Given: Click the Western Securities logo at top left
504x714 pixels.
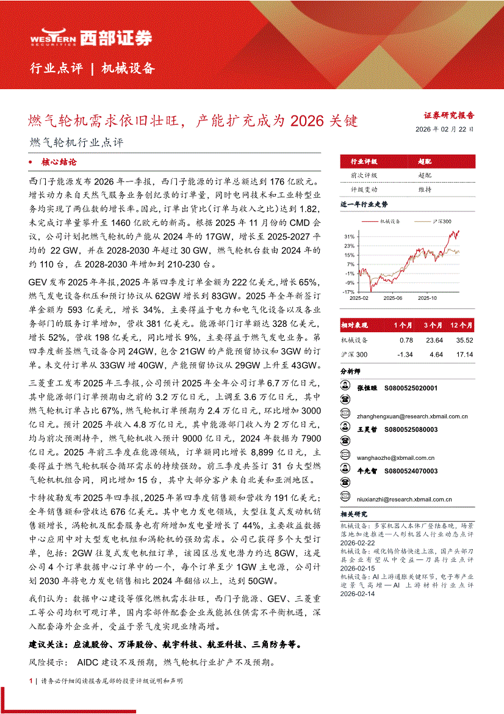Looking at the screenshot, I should tap(91, 38).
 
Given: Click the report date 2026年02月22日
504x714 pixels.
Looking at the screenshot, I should tap(444, 129).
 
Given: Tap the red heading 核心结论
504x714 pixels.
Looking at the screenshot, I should tap(59, 162).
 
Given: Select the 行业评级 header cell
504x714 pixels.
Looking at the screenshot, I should tap(364, 162).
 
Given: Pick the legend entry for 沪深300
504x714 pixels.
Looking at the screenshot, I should tap(442, 221).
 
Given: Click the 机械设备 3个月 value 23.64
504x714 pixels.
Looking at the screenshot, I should tap(434, 340).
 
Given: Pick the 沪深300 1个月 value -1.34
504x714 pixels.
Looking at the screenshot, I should tap(405, 355).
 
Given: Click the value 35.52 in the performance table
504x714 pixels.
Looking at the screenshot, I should tap(465, 340).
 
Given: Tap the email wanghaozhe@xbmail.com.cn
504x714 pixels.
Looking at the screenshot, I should tap(387, 457).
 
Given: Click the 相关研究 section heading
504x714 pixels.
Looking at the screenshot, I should tap(355, 514).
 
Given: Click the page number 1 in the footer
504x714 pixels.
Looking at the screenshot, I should tap(31, 680).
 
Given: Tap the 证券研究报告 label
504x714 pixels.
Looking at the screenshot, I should tap(449, 115).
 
